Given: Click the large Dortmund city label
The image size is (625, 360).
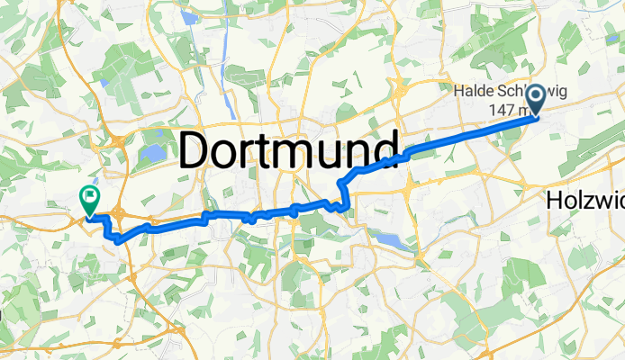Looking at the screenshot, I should click(x=288, y=149).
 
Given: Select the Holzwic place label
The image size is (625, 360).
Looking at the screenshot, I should click(x=584, y=203).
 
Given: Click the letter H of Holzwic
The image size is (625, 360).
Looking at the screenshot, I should click(x=554, y=203).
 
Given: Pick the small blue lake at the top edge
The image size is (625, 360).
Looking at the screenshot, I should click(x=188, y=16).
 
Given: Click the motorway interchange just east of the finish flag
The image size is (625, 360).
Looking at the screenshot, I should click(x=121, y=212).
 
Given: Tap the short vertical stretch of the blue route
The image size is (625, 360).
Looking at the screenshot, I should click(x=340, y=192).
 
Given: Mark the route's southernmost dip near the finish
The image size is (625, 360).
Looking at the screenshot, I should click(x=116, y=238).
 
